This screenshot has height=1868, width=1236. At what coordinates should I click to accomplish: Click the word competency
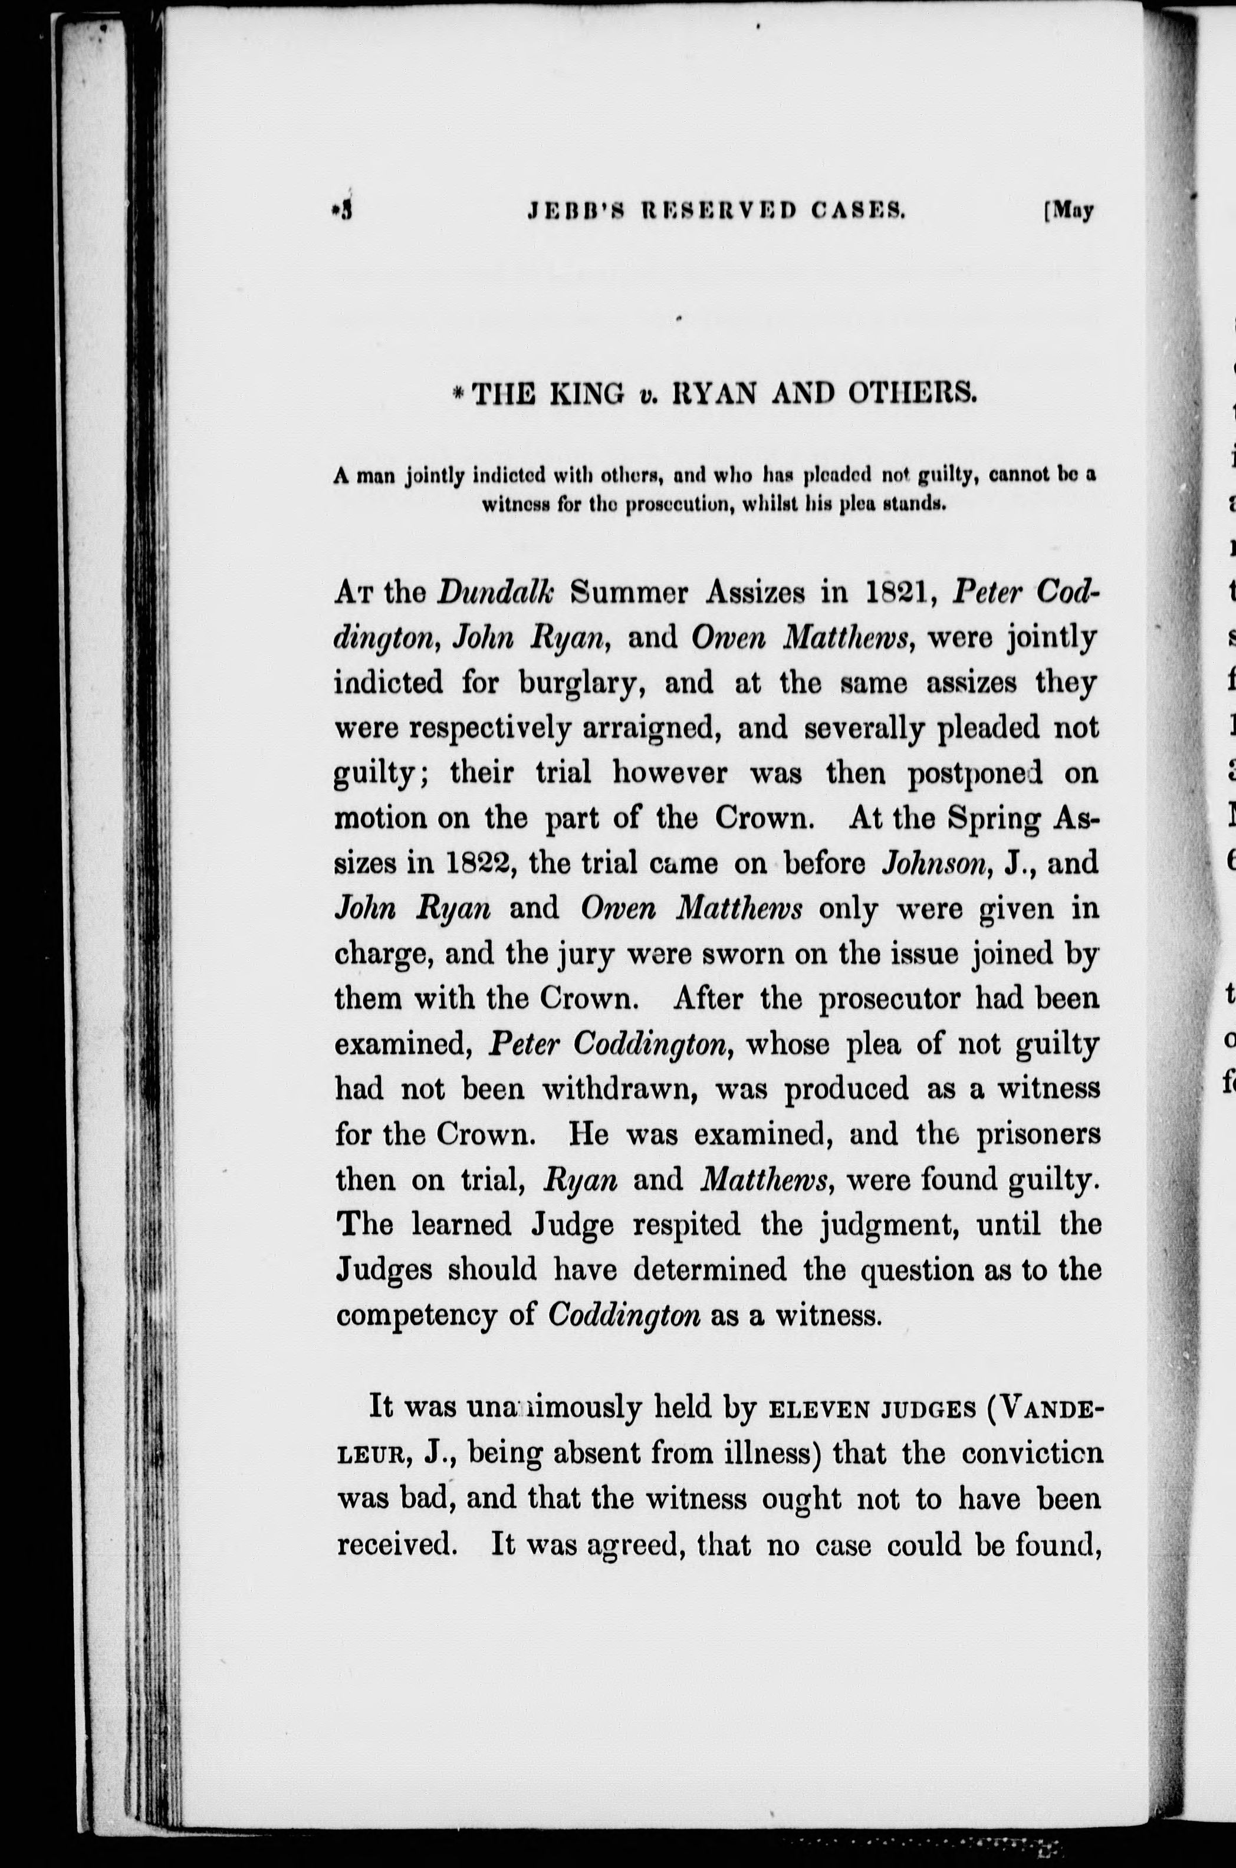[428, 1316]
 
